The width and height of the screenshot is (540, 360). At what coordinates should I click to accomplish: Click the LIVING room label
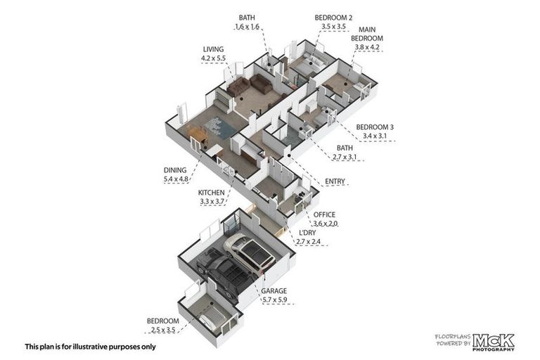coord(213,50)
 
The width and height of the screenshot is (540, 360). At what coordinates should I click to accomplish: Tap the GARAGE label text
coord(275,290)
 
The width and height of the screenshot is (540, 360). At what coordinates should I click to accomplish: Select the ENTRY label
coord(335,182)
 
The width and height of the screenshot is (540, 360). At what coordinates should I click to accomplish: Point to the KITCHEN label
coord(211,193)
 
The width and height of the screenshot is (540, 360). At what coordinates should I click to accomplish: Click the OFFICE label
coord(325,214)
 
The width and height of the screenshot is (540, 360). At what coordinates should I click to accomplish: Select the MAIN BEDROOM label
coord(366,34)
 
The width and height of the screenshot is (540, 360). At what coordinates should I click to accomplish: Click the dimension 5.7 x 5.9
coord(275,300)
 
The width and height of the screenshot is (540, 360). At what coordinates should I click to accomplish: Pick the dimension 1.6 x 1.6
coord(247,27)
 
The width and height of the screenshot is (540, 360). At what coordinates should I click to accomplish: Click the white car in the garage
coord(250,254)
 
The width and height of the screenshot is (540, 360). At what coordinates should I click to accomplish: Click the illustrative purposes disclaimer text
coord(90,346)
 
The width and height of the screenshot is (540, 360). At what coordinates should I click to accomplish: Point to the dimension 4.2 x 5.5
coord(213,59)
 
